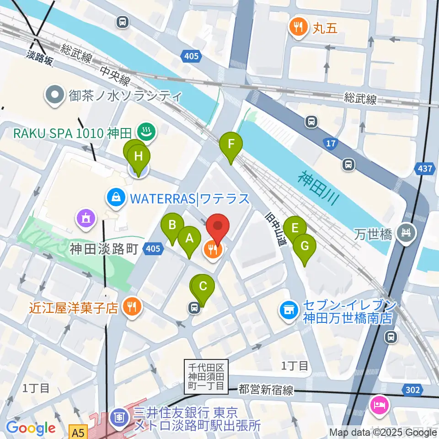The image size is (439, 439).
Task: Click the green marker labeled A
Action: tap(189, 238)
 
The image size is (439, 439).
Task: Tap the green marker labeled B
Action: tap(172, 225)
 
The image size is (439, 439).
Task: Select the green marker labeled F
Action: tap(231, 145)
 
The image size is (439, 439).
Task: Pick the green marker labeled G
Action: tap(304, 246)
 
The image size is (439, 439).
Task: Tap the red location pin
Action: tap(218, 227)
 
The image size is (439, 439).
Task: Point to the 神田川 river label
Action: tap(320, 187)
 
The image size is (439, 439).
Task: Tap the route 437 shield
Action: tap(425, 169)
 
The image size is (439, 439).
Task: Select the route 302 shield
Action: tap(412, 390)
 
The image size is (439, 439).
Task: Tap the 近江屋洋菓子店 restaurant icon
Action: tap(132, 306)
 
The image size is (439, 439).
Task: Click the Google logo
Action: tap(31, 428)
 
